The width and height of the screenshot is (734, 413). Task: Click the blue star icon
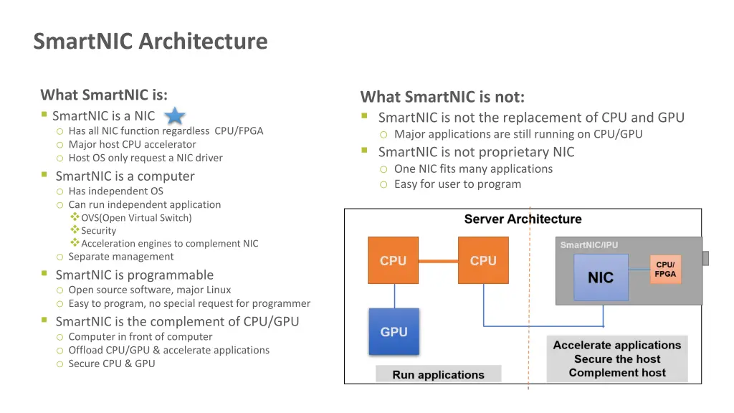176,117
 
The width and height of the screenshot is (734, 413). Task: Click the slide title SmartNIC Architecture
151,42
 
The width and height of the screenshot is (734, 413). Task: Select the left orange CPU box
393,261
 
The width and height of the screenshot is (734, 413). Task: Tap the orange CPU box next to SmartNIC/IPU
482,261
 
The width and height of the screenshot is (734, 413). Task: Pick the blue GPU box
394,332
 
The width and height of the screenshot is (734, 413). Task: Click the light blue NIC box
601,277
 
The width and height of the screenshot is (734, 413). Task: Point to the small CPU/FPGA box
664,270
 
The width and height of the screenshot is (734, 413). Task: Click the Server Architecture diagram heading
523,219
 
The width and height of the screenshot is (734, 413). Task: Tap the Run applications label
438,374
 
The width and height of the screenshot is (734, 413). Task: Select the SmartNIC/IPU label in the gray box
588,245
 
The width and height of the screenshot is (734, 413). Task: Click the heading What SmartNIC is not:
442,97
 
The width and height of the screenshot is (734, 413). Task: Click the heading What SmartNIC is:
104,95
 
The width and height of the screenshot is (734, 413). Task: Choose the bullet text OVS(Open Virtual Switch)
136,217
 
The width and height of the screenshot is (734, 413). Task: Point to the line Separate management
120,257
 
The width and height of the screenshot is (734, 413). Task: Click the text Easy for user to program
457,184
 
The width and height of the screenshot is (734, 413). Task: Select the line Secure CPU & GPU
111,364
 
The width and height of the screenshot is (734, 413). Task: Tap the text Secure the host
616,359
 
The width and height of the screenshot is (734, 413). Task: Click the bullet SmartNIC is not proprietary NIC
476,152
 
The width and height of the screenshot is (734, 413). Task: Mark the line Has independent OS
115,191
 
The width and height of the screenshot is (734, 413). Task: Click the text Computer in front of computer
140,337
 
